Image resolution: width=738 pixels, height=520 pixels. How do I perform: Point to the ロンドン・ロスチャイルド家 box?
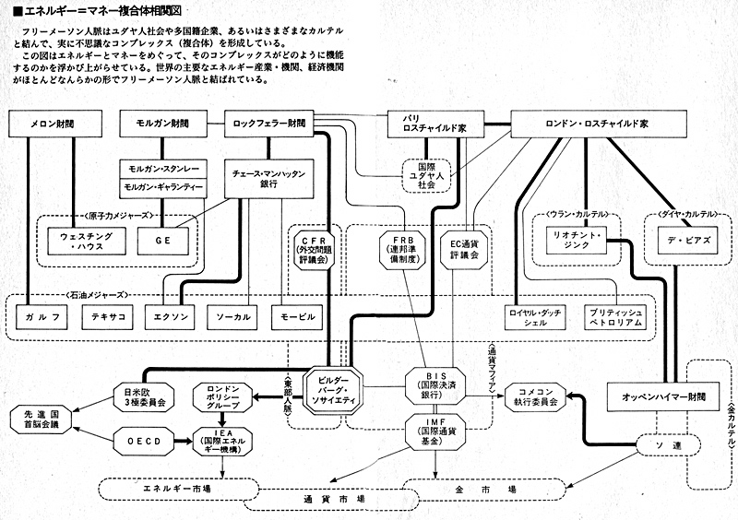pos(584,124)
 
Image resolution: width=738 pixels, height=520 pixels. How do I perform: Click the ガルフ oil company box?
pos(42,317)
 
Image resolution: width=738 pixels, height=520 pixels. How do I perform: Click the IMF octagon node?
pos(436,431)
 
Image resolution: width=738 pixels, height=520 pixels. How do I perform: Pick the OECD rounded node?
pos(145,441)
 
